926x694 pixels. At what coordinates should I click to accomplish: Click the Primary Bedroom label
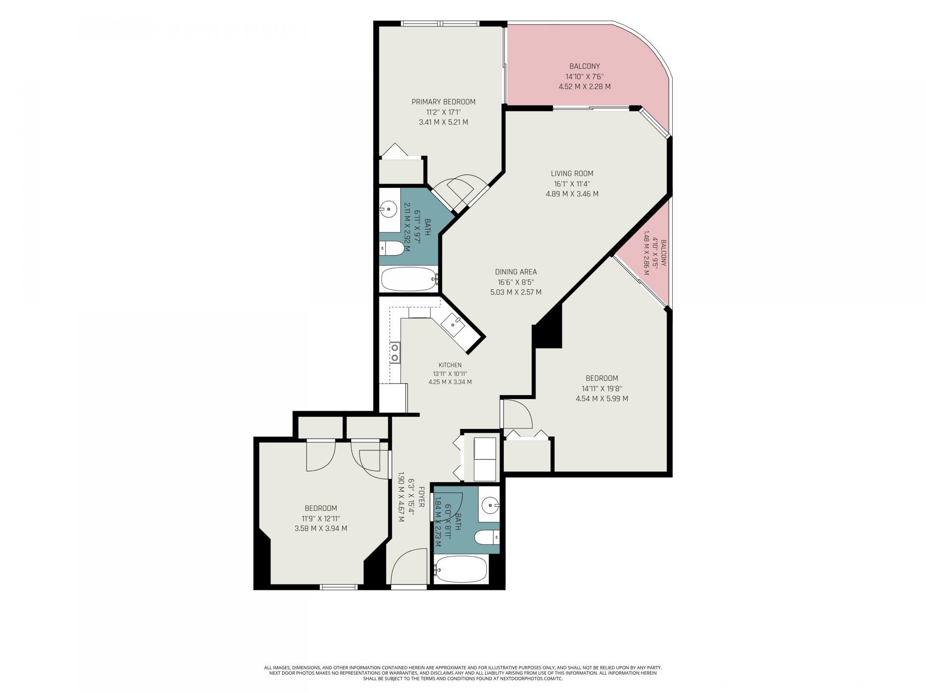tap(443, 102)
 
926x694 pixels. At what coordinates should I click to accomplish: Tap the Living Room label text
tap(572, 173)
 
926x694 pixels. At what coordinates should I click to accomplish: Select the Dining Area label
tap(516, 272)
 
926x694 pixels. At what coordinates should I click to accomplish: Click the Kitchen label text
tap(450, 365)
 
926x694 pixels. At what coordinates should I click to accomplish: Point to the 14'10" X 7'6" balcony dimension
tap(585, 76)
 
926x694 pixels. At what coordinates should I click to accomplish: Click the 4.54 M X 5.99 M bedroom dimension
tap(602, 399)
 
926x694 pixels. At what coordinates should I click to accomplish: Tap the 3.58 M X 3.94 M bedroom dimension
tap(321, 528)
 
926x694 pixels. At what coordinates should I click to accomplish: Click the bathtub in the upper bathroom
tap(409, 279)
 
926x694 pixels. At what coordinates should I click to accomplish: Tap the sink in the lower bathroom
tap(491, 506)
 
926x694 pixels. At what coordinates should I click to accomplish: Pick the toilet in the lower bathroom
tap(487, 537)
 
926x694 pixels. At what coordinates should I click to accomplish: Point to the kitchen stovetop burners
tap(395, 352)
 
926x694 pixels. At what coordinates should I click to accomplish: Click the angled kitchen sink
tap(454, 326)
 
